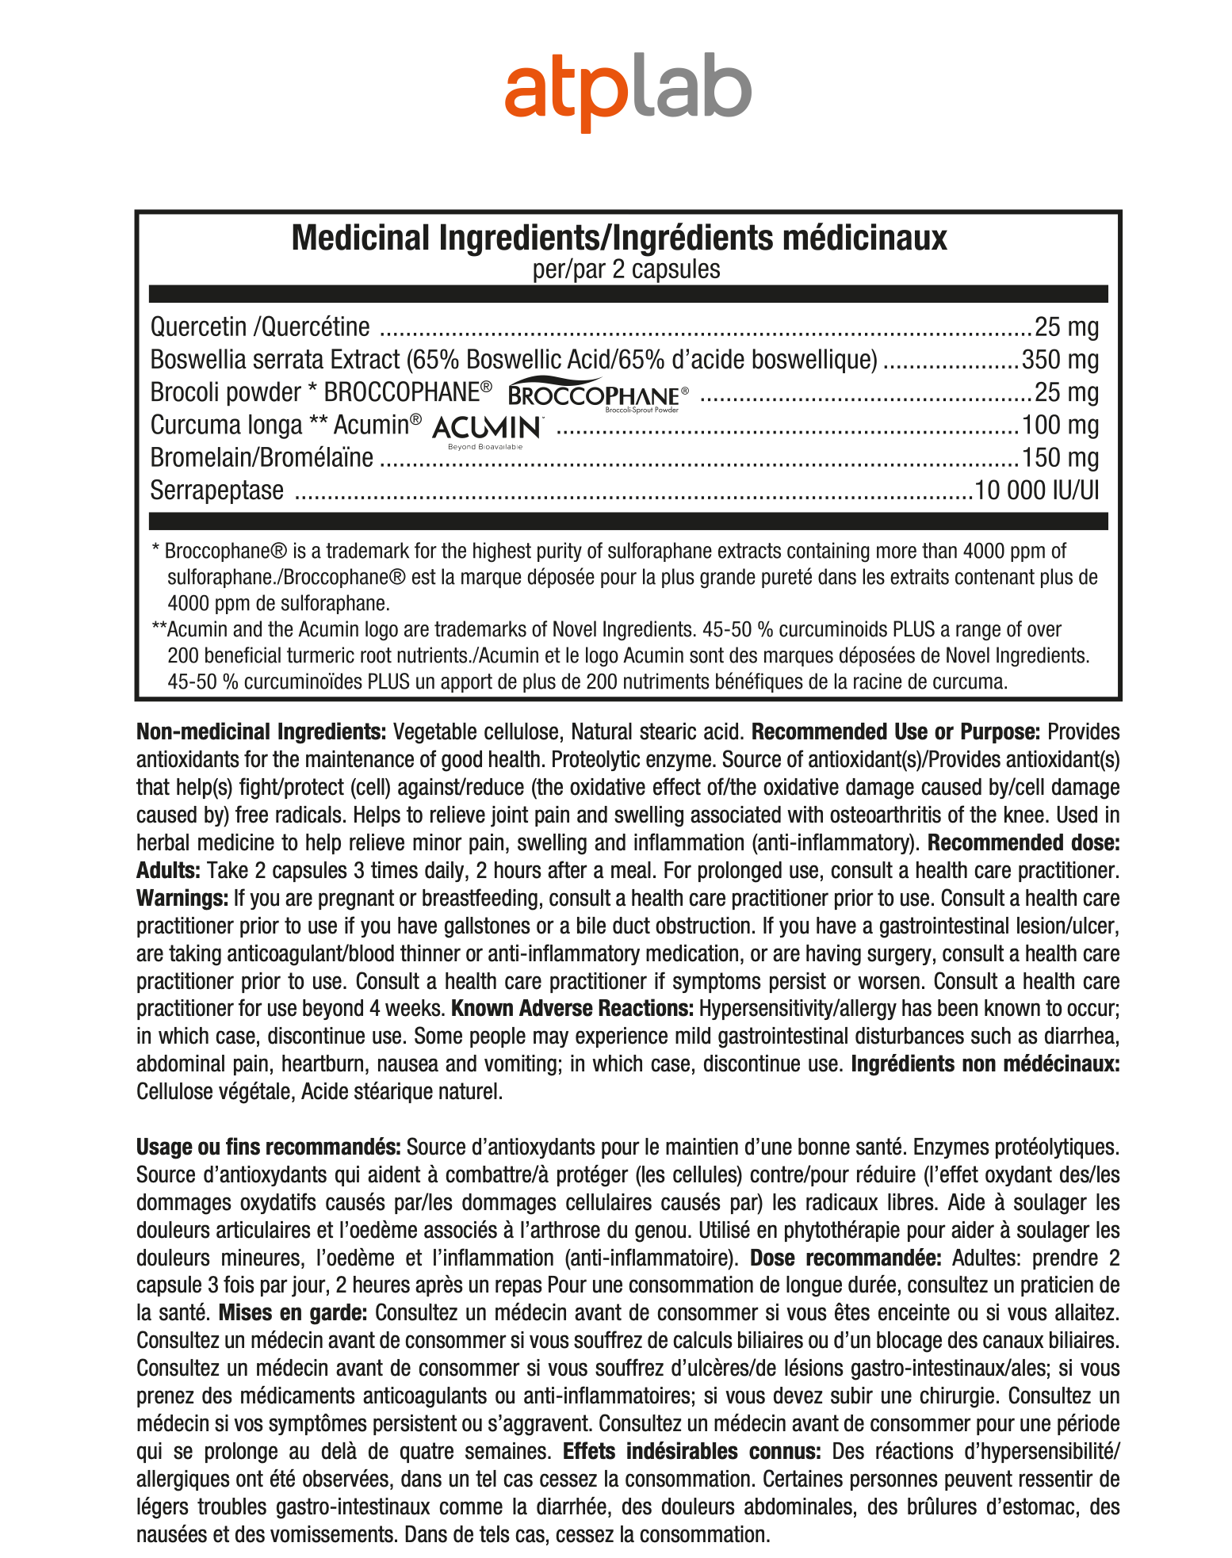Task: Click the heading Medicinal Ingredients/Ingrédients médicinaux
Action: click(619, 238)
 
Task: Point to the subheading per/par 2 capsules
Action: click(626, 269)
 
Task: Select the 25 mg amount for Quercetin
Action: click(1066, 326)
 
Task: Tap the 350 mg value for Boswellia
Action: click(1060, 360)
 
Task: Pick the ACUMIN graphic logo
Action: click(487, 430)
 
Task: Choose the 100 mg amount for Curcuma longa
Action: click(1060, 426)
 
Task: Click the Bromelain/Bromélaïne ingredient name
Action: click(262, 458)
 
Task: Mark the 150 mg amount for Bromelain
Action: click(1060, 458)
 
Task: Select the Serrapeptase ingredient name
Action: click(216, 491)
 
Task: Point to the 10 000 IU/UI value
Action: click(1037, 491)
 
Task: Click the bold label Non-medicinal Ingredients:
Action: click(262, 731)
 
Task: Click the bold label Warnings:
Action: click(182, 898)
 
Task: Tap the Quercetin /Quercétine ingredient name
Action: click(260, 326)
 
